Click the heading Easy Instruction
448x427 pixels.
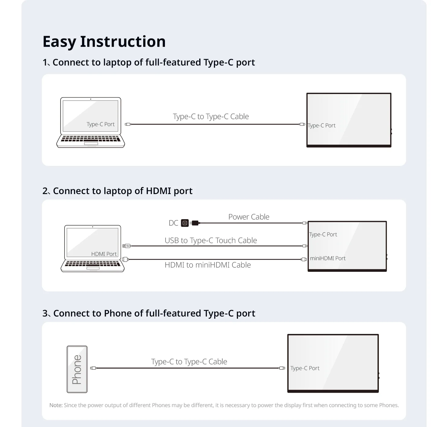point(104,42)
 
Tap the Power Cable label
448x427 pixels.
point(249,217)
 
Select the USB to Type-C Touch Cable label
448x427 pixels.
point(211,240)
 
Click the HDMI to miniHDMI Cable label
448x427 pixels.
point(207,265)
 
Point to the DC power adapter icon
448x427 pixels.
point(185,223)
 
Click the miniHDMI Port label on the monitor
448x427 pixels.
point(327,258)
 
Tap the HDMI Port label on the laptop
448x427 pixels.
point(104,254)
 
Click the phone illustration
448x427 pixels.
point(77,369)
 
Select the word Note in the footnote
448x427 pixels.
point(56,405)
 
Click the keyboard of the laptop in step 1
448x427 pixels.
point(91,139)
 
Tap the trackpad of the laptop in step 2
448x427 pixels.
point(93,268)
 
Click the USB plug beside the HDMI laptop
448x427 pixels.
point(127,246)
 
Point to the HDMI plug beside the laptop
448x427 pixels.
point(125,260)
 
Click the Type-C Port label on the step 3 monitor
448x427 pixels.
point(305,368)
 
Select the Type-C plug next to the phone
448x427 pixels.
point(94,368)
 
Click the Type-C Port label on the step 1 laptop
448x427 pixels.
point(100,124)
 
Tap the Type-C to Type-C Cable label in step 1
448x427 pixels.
point(211,117)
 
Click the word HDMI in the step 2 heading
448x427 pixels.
point(159,191)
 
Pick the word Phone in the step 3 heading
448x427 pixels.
point(118,313)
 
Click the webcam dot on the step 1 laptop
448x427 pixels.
point(91,99)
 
